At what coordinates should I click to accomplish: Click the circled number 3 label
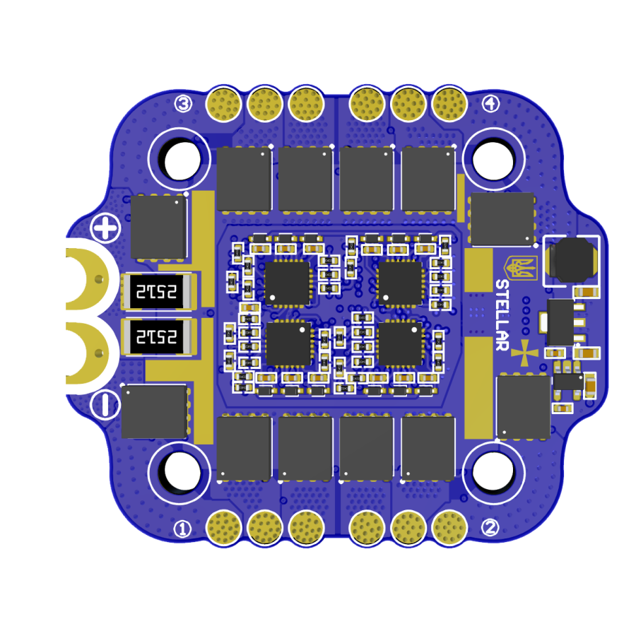point(183,105)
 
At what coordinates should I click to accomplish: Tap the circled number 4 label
point(491,103)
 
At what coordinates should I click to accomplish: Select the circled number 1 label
point(182,529)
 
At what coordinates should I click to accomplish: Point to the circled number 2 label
point(490,527)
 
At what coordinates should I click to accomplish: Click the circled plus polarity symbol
point(105,228)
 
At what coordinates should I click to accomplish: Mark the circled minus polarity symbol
point(105,404)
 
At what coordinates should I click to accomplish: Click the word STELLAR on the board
point(502,314)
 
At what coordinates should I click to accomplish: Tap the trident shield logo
point(521,268)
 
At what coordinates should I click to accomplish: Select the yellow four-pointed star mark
point(524,353)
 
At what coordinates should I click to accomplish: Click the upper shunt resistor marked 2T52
point(157,291)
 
